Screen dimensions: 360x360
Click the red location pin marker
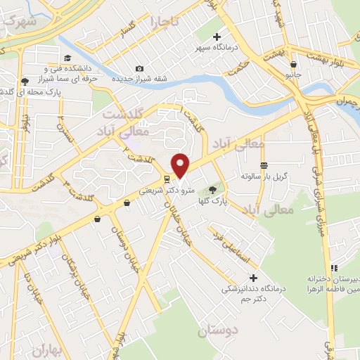[181, 166]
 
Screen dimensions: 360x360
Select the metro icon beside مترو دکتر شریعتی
[166, 179]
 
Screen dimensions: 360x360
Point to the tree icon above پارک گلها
[213, 190]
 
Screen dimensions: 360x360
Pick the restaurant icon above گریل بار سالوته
[264, 165]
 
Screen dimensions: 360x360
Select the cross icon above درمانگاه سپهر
[217, 37]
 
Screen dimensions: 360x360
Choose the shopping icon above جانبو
[293, 63]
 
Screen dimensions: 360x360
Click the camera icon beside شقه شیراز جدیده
[140, 68]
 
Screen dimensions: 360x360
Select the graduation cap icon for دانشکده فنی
[67, 58]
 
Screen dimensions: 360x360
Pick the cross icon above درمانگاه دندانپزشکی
[253, 277]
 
